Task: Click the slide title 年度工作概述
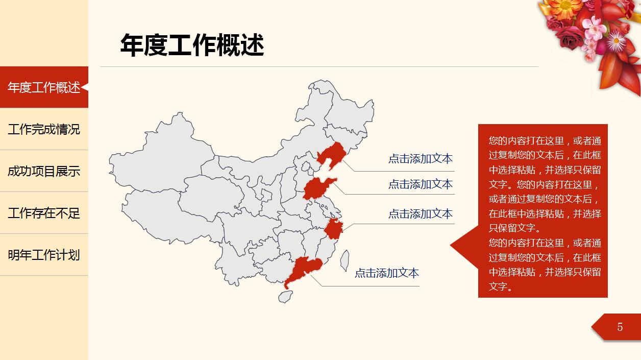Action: click(x=192, y=45)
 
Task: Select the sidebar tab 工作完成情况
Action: click(x=44, y=129)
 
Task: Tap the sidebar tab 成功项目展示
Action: click(x=44, y=171)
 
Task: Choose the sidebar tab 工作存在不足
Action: click(x=44, y=213)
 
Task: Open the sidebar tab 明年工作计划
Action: click(x=44, y=255)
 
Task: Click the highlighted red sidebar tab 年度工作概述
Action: click(x=44, y=87)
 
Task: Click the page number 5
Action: click(x=620, y=327)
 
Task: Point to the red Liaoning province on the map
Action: click(x=333, y=154)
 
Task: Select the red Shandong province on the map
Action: click(x=317, y=188)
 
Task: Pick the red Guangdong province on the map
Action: click(x=304, y=269)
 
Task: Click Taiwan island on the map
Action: click(x=344, y=260)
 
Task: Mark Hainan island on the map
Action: click(x=285, y=296)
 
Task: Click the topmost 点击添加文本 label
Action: click(x=420, y=159)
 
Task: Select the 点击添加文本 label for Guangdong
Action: click(x=386, y=273)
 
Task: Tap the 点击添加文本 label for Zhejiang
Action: click(x=420, y=214)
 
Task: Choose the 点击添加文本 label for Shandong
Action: click(x=420, y=184)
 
